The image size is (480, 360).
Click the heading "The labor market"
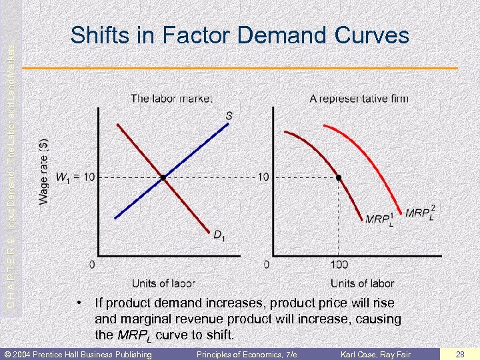tap(171, 99)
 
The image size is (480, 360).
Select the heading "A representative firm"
tap(359, 99)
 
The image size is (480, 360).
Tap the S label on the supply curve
tap(229, 116)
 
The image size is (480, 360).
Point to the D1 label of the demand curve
tap(219, 234)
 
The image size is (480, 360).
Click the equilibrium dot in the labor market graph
tap(162, 177)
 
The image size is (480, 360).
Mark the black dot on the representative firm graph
tap(339, 177)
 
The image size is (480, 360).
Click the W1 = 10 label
tap(75, 177)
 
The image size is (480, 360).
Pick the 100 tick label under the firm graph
tap(339, 265)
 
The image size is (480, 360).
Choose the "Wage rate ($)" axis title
tap(43, 172)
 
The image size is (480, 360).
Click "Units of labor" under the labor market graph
tap(163, 283)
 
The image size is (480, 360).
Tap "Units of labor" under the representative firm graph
tap(362, 283)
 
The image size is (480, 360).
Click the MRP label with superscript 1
tap(379, 219)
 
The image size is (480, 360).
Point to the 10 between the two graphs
tap(264, 177)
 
